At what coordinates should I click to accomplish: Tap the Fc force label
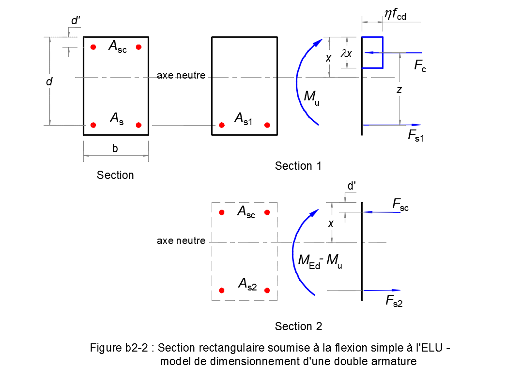420,66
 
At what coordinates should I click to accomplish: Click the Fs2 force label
394,301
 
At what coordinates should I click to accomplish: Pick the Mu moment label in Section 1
311,97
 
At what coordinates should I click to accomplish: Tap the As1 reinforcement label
243,118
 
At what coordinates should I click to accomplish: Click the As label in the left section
116,118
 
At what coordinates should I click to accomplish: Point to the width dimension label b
115,149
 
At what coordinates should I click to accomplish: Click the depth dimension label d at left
49,82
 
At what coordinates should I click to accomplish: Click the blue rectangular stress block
373,52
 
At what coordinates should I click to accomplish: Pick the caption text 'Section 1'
298,166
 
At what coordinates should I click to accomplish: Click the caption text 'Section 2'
298,326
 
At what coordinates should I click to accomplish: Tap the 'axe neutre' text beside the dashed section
181,241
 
